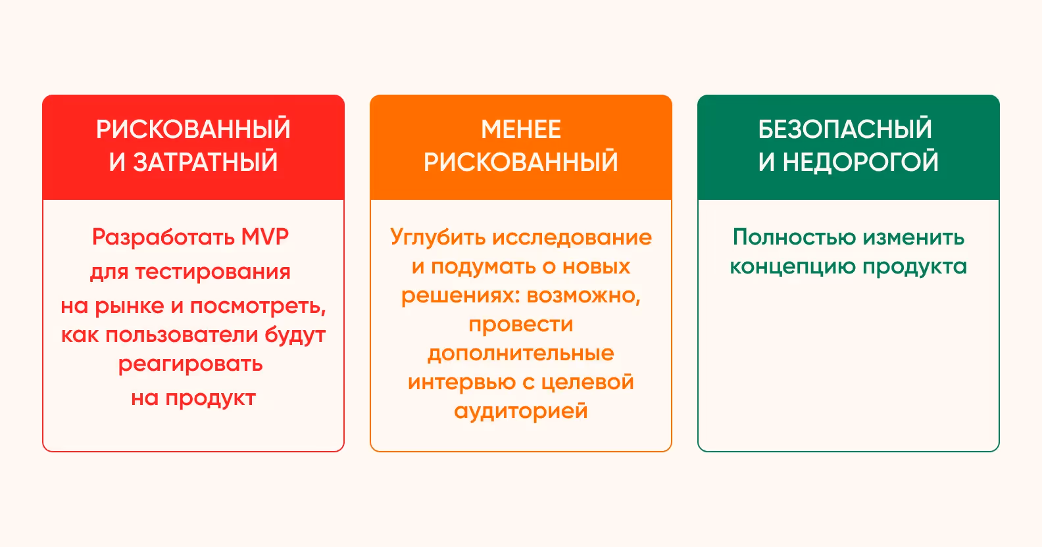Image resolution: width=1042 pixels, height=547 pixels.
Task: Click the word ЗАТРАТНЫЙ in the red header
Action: tap(205, 162)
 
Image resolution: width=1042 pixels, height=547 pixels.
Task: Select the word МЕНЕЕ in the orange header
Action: tap(521, 130)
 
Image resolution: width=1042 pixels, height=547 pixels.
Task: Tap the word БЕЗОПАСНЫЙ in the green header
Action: tap(845, 130)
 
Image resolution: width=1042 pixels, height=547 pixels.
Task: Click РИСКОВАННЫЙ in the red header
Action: tap(193, 130)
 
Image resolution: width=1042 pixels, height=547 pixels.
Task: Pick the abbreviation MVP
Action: tap(264, 237)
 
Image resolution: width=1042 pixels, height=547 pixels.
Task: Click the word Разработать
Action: tap(163, 237)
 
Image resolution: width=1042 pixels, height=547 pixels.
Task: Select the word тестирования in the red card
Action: tap(212, 272)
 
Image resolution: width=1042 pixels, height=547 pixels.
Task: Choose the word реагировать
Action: tap(191, 364)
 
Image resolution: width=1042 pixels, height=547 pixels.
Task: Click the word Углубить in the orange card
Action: tap(438, 237)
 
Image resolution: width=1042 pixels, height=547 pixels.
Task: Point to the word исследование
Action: tap(572, 237)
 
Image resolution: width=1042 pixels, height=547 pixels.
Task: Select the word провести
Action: tap(521, 324)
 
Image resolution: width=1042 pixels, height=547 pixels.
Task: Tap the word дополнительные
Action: tap(521, 354)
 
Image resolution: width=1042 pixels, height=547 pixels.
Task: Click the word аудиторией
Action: tap(521, 412)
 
